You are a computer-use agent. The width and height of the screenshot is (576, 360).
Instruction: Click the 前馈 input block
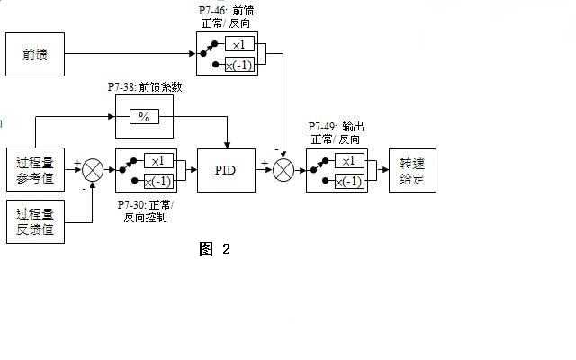tap(35, 54)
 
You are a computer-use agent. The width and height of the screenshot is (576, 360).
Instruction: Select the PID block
tap(226, 170)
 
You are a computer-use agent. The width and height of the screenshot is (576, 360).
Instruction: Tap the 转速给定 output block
tap(412, 170)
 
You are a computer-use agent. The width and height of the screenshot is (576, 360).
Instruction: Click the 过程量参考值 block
tap(35, 170)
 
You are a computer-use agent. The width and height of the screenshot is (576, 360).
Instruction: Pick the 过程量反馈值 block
tap(35, 222)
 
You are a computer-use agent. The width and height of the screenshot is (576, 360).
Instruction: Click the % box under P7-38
tap(144, 117)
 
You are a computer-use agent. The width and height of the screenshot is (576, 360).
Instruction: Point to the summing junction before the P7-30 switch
tap(93, 170)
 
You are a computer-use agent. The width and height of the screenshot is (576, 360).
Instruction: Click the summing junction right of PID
tap(283, 170)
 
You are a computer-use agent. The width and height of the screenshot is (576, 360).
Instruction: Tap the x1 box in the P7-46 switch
tap(239, 44)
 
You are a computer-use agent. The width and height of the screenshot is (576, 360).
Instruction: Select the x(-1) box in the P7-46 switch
tap(239, 65)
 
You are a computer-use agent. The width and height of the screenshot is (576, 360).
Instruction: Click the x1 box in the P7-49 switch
tap(349, 160)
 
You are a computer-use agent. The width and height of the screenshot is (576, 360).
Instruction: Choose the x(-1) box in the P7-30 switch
tap(158, 181)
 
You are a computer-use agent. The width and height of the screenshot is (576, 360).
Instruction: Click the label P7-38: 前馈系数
tap(145, 87)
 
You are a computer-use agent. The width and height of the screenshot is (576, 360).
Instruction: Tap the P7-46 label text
tap(226, 17)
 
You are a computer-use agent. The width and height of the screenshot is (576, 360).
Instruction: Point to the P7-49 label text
tap(336, 133)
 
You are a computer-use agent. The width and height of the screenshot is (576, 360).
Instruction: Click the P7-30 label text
tap(146, 211)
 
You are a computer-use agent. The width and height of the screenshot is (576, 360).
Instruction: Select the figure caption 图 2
tap(214, 249)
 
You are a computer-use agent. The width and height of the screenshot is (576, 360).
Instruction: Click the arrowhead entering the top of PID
tap(227, 146)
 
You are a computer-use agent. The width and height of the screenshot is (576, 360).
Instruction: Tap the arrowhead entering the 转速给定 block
tap(385, 170)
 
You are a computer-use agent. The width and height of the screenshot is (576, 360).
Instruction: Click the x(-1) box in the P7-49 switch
tap(349, 182)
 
